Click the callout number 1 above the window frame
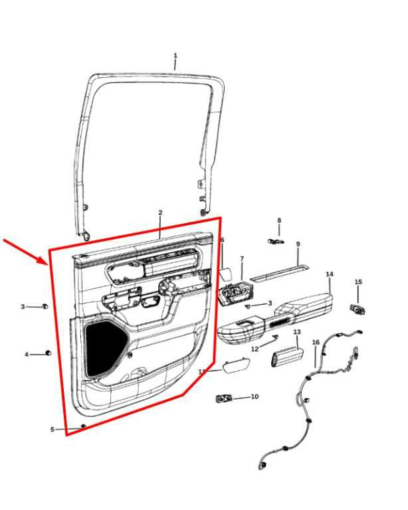pos(175,56)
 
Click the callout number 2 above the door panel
pos(160,212)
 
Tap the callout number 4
pos(27,355)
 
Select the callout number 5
pos(52,430)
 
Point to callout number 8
pos(279,220)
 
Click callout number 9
pos(298,244)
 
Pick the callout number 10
pos(255,396)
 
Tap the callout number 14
pos(330,274)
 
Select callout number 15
pos(358,282)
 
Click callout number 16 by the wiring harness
pos(316,342)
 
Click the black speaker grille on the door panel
pos(105,349)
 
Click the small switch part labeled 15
pos(357,309)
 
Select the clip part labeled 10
pos(224,398)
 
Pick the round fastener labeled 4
pos(48,353)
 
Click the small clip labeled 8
pos(276,241)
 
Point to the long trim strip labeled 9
pos(280,272)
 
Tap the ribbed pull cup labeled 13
pos(287,357)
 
